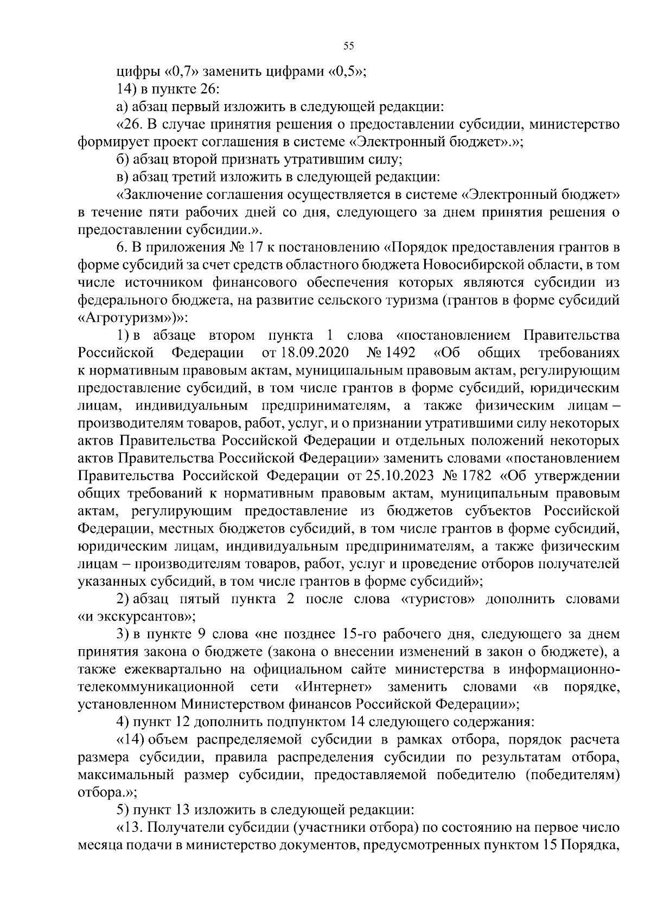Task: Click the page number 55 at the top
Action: [349, 46]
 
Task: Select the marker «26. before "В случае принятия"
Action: [129, 124]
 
